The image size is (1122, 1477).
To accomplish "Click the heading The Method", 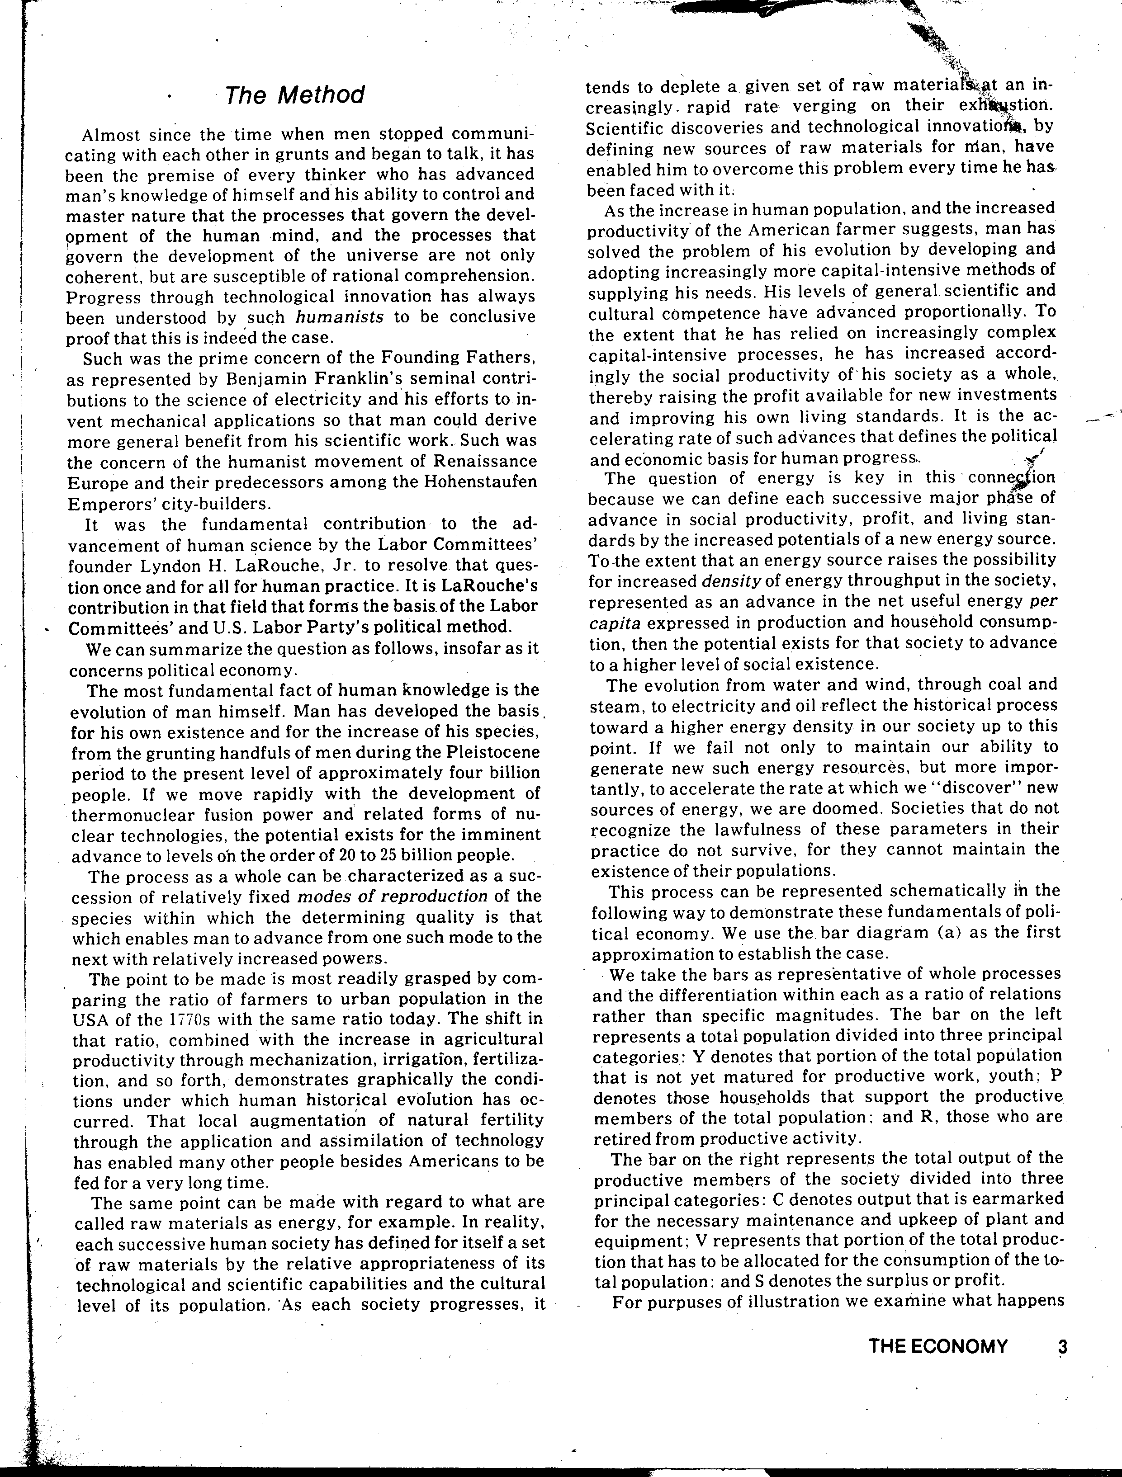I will [x=294, y=95].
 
